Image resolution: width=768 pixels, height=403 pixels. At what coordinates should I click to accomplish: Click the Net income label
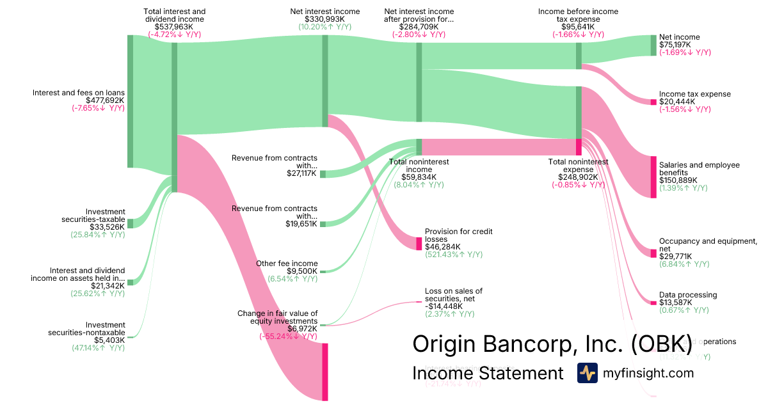(x=679, y=37)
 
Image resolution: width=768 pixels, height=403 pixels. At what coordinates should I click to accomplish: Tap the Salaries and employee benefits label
(x=699, y=169)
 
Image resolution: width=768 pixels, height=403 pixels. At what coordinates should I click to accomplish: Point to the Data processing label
(x=688, y=295)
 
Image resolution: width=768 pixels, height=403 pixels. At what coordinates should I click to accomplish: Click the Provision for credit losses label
(x=459, y=235)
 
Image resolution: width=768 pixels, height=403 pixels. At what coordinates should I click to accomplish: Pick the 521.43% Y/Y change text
(x=454, y=255)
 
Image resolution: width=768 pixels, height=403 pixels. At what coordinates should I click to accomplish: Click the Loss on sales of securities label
(x=454, y=295)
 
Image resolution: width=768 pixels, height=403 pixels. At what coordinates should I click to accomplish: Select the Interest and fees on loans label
(x=79, y=93)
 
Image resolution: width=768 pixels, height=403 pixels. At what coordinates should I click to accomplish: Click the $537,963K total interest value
(x=174, y=27)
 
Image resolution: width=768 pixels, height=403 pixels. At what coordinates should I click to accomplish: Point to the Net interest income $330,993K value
(x=324, y=19)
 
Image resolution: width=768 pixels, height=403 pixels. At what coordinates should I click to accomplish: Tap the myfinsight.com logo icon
(x=587, y=373)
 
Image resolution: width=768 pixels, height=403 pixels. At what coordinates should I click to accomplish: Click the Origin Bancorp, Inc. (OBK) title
(x=552, y=344)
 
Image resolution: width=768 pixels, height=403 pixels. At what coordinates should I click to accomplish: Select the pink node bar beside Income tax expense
(x=653, y=102)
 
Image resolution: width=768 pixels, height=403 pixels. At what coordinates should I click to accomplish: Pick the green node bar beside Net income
(x=653, y=45)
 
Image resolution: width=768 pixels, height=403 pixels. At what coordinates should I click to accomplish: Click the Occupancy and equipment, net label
(x=708, y=245)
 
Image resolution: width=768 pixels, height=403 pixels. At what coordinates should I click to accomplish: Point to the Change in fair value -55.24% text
(x=288, y=336)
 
